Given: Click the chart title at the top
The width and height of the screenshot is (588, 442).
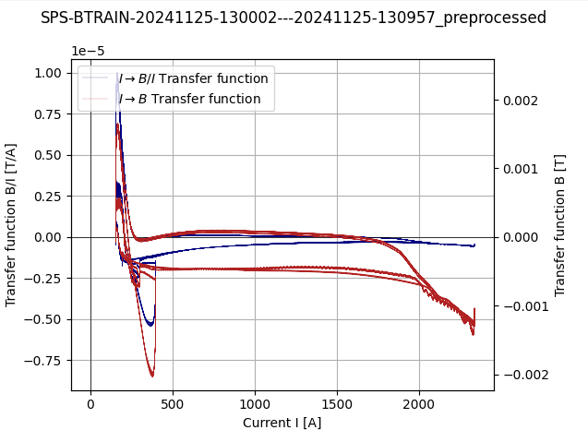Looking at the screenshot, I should click(x=294, y=18).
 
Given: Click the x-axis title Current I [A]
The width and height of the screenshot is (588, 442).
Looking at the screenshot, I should click(x=282, y=423).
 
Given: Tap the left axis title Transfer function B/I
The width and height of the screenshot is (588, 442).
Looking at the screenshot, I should click(x=11, y=224).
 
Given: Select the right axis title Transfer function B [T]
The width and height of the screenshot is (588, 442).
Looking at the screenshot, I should click(x=560, y=224).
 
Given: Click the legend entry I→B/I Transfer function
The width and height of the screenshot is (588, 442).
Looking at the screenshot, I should click(x=193, y=78).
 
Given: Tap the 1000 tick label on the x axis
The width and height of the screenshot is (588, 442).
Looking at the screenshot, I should click(x=255, y=404).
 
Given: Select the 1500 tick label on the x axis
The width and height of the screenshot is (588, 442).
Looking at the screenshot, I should click(x=337, y=404).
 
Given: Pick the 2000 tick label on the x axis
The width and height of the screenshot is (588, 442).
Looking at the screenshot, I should click(x=419, y=404).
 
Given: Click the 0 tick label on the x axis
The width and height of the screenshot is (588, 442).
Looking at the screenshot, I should click(x=90, y=404).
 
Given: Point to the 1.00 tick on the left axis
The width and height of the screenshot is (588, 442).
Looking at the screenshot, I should click(x=48, y=73).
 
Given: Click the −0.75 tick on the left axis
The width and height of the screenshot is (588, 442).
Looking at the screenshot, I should click(x=44, y=361).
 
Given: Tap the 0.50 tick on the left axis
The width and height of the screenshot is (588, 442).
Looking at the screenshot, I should click(x=48, y=155).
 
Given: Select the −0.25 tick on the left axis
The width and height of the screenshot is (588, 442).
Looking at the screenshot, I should click(x=44, y=279).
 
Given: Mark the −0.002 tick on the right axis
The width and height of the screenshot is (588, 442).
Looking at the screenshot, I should click(x=519, y=375).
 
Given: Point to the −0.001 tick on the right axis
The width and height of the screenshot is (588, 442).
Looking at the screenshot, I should click(x=519, y=305).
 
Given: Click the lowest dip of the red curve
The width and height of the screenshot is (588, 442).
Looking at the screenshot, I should click(x=152, y=376).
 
